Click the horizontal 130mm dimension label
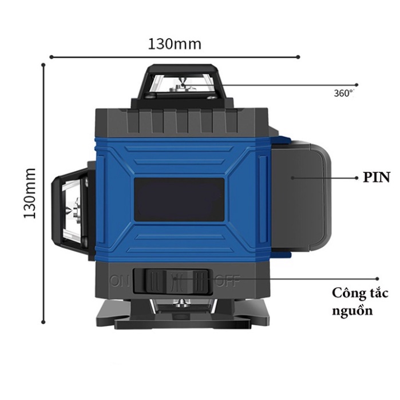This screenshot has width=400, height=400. coord(175,43)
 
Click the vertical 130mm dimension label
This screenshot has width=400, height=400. coord(30,193)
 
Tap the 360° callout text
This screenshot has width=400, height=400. coord(344,93)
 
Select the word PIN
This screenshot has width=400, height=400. coord(377,178)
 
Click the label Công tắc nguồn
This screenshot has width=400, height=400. coord(361,302)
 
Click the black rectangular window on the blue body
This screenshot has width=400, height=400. coord(179,199)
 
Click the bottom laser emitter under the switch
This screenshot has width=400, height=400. coord(181,304)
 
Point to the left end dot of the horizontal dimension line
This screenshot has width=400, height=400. coord(52,57)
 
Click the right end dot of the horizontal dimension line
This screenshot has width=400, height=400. coord(299,57)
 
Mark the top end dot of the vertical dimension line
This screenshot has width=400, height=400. coord(43,65)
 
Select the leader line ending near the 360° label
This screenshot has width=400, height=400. coord(292,85)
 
